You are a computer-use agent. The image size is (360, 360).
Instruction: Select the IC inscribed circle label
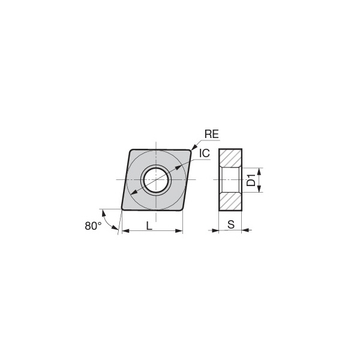point(205,154)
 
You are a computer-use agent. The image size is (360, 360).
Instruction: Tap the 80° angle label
point(92,226)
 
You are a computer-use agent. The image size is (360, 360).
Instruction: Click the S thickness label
point(230,225)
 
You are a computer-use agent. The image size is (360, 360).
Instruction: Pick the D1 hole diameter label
point(252,179)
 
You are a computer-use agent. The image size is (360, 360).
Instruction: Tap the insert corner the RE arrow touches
point(190,150)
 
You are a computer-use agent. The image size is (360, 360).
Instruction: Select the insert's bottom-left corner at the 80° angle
point(123,209)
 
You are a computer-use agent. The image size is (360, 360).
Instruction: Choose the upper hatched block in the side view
point(230,157)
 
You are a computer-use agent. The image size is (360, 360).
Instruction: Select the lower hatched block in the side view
point(230,201)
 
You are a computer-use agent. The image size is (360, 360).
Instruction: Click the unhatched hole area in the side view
point(230,179)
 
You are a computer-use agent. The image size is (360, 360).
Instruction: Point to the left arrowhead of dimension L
point(124,231)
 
